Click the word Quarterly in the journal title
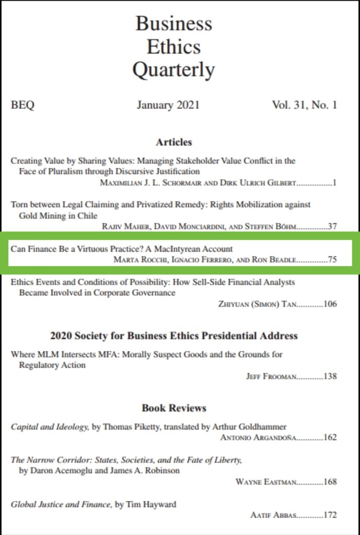click(173, 70)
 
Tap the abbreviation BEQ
click(22, 105)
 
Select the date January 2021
click(168, 105)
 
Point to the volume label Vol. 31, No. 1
click(304, 105)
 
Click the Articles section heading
click(174, 142)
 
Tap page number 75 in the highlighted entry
click(332, 259)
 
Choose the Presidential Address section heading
click(174, 335)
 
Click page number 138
click(330, 376)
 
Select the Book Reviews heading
click(174, 407)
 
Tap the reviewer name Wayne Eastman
click(265, 482)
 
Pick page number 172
click(330, 515)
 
